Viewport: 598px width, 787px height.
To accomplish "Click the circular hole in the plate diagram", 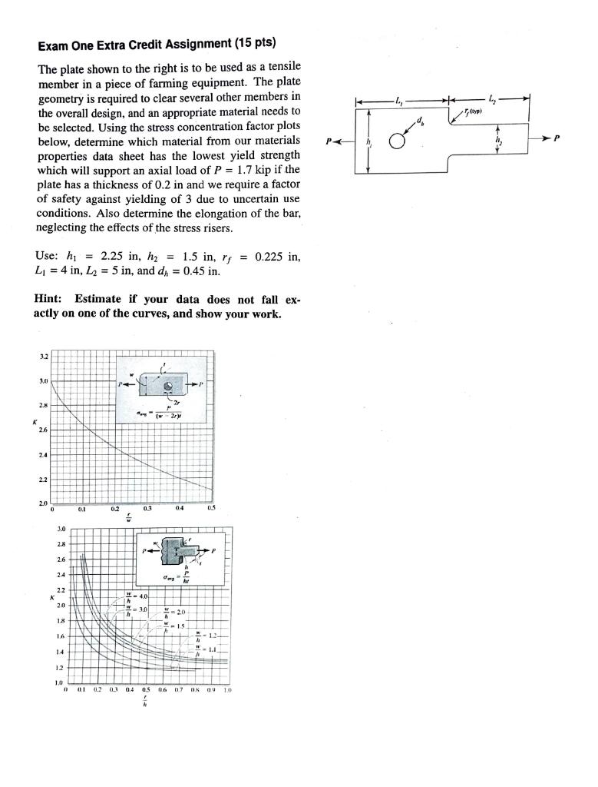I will (x=397, y=142).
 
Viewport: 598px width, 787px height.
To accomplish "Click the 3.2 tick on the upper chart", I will (x=44, y=357).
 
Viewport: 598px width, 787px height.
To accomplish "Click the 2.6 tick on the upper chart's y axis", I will (x=44, y=430).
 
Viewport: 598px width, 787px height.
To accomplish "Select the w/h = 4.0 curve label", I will (x=139, y=596).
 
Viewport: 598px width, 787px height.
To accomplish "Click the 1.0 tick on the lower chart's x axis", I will (x=226, y=690).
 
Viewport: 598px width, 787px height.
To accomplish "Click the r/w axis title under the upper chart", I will (x=128, y=516).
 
